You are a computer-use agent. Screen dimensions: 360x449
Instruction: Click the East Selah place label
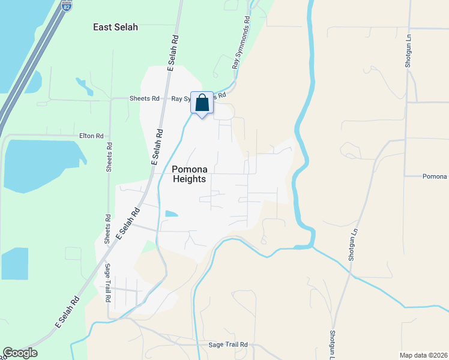[x=116, y=27]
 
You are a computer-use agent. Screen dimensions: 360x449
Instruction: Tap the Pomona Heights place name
[x=189, y=174]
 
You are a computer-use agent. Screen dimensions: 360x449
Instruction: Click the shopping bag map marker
[x=202, y=103]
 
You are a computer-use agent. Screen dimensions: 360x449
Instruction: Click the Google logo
[x=20, y=353]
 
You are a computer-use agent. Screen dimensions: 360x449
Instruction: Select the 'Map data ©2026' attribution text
[x=423, y=355]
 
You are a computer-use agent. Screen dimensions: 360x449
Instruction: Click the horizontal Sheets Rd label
[x=145, y=98]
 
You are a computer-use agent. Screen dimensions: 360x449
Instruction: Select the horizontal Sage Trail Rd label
[x=228, y=345]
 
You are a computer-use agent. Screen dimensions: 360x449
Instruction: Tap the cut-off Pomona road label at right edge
[x=435, y=176]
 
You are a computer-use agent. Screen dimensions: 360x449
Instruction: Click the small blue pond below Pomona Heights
[x=171, y=214]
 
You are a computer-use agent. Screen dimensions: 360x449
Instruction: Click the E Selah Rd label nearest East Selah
[x=173, y=54]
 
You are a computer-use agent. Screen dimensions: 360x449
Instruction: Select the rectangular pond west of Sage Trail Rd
[x=14, y=263]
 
